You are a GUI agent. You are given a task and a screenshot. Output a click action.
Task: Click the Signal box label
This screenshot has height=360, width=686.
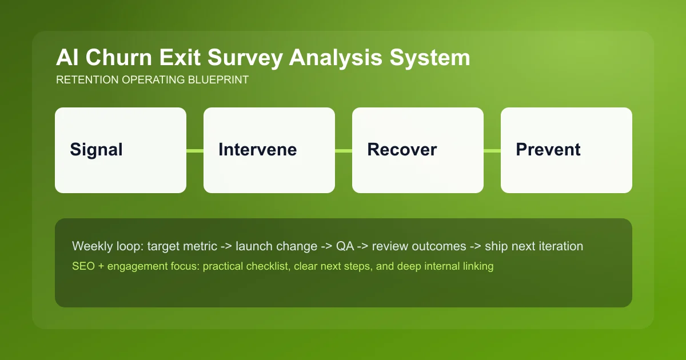pos(96,150)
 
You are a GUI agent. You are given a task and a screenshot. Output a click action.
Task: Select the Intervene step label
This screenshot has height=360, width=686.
pos(257,150)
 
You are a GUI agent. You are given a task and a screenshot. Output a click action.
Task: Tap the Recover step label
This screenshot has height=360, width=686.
pos(402,150)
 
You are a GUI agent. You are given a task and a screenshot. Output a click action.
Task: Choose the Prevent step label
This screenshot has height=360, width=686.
pos(548,150)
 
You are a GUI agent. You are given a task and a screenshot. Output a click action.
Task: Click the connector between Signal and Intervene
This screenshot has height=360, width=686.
pos(195,150)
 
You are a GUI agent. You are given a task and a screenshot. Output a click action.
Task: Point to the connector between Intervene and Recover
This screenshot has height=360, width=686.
pos(344,150)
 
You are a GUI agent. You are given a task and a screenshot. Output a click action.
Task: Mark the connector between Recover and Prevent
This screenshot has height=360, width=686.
pos(492,150)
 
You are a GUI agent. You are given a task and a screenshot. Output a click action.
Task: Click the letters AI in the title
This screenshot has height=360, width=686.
pos(66,58)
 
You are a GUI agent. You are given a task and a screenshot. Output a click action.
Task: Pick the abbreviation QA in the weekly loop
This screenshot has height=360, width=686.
pos(345,246)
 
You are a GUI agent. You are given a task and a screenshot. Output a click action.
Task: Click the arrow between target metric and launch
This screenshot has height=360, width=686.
pos(225,246)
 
